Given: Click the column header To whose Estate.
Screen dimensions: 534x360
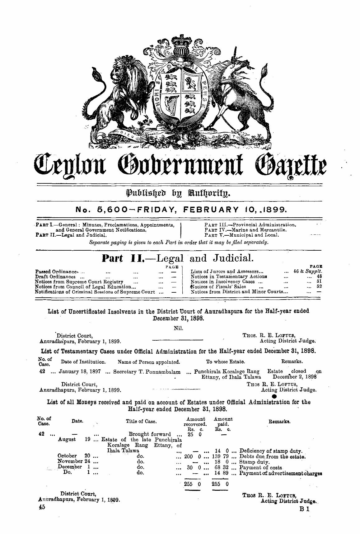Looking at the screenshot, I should click(225, 362).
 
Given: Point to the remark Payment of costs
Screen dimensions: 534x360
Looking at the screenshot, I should click(261, 467).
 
